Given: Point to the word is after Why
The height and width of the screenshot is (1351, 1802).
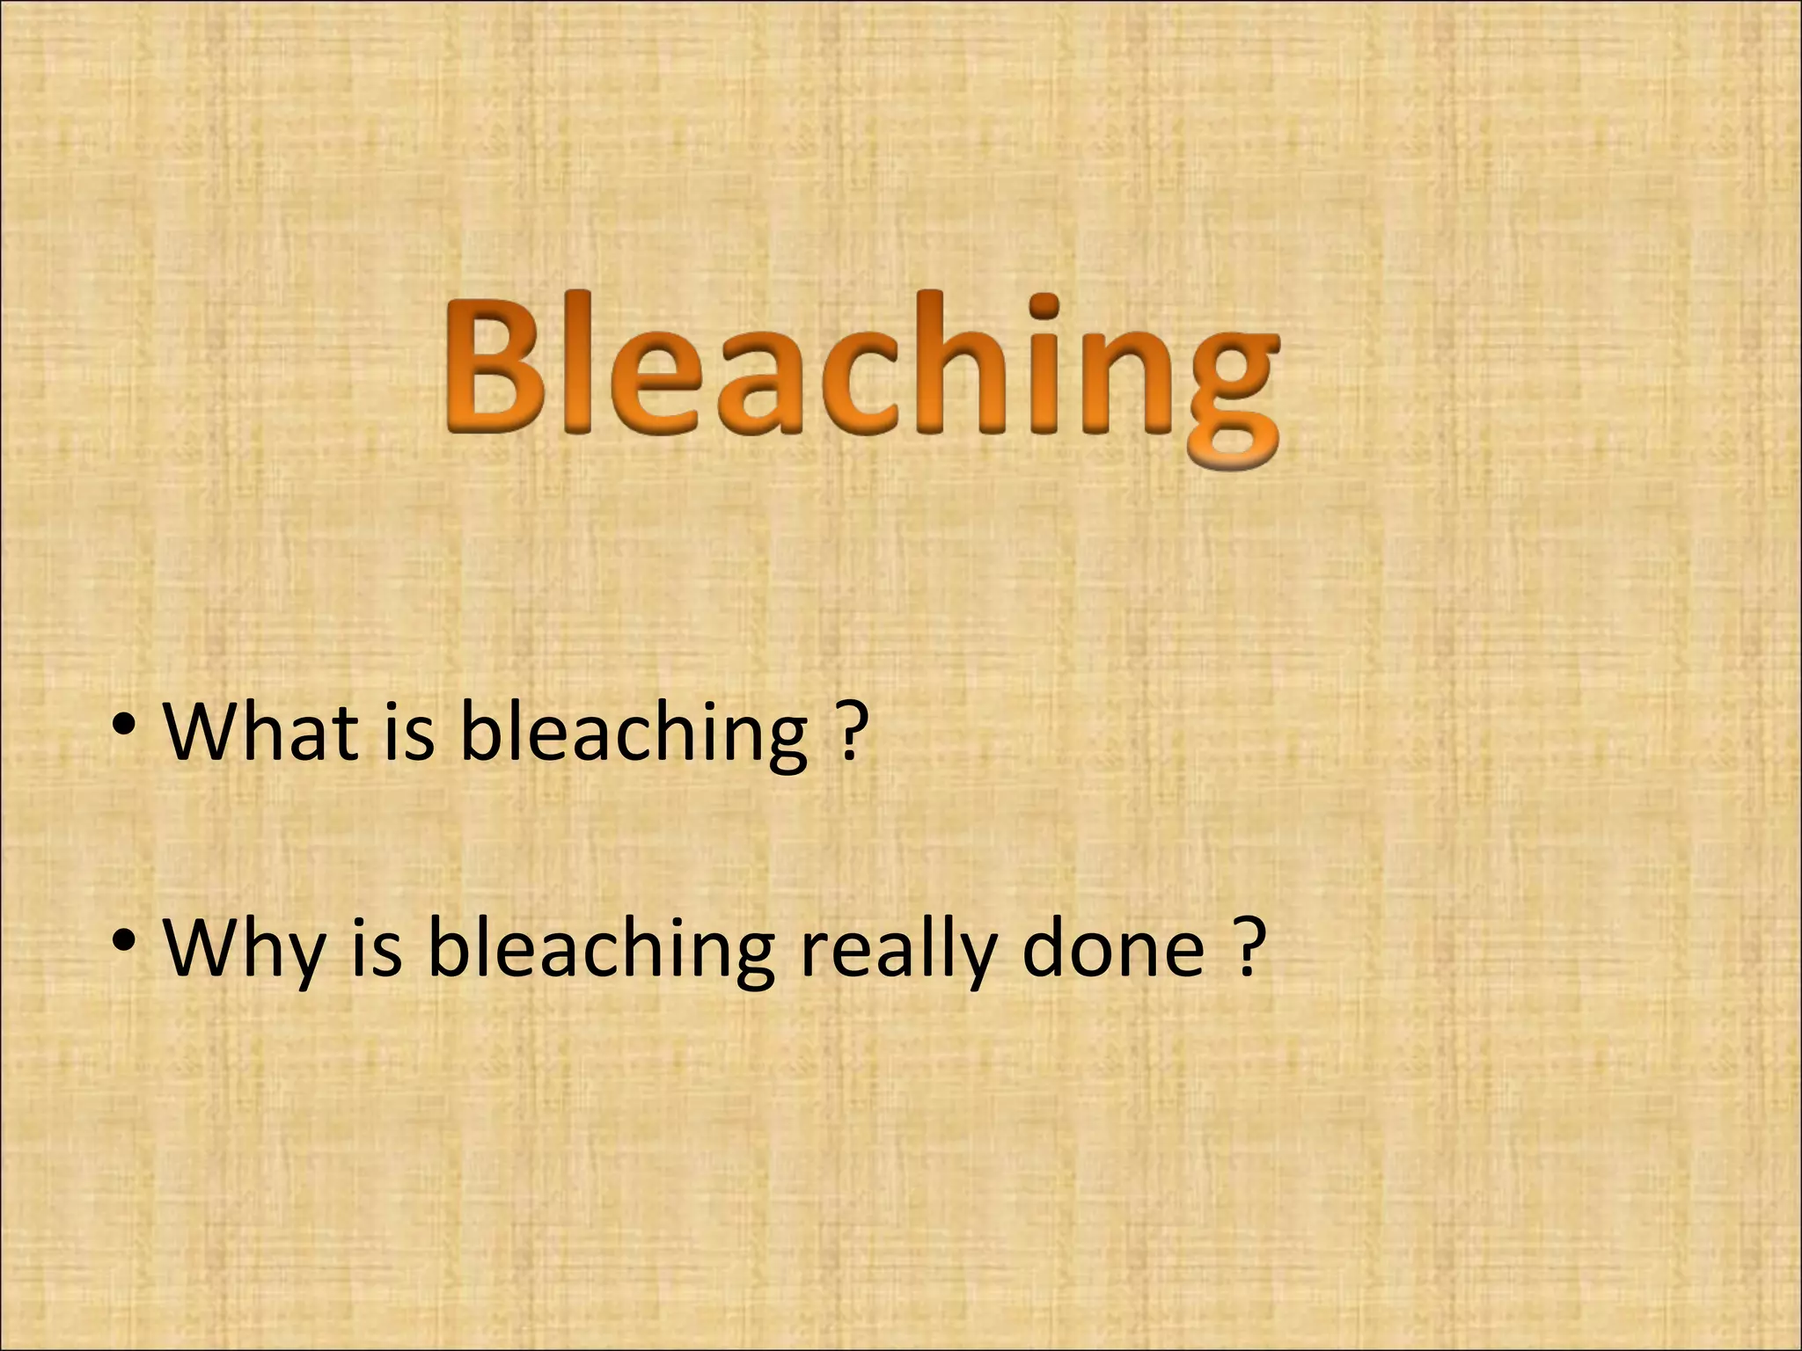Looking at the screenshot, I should pyautogui.click(x=377, y=947).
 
